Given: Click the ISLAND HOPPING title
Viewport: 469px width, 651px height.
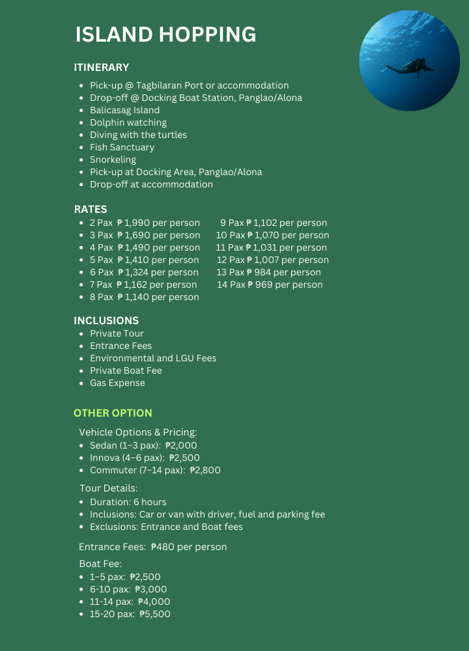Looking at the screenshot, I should (x=165, y=35).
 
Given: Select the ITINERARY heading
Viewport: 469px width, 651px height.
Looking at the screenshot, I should (x=102, y=67).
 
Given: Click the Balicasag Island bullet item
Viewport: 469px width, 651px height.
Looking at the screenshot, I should (x=124, y=110).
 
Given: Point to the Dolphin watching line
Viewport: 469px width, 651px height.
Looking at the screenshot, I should (x=128, y=122).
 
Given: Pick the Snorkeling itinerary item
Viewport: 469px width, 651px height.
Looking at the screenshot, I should (x=113, y=159).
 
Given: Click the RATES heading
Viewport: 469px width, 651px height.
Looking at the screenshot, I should (x=91, y=209).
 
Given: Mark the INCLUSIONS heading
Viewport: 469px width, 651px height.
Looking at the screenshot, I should (x=106, y=320).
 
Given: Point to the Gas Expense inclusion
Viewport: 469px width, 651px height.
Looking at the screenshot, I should (x=117, y=383).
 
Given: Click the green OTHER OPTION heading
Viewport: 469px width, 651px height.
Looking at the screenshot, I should (x=113, y=413).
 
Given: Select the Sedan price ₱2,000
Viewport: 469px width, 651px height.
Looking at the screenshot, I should (x=181, y=445).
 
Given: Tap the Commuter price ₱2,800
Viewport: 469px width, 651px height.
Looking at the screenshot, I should (x=205, y=470).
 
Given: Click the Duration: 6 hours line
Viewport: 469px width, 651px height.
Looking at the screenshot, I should (x=128, y=502).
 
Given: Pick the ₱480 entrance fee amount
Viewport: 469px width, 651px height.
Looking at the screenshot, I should (x=162, y=547).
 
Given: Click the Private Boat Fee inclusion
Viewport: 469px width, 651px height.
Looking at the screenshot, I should (x=126, y=370).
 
